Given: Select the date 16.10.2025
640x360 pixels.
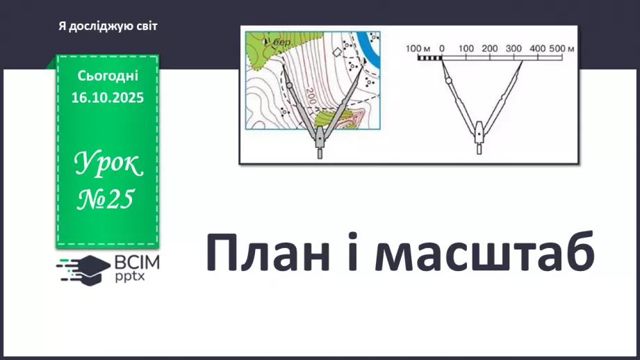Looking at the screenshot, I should coord(107,98).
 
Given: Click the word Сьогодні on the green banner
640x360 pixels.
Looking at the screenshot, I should coord(108,76).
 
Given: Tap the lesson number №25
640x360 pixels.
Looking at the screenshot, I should coord(108,199).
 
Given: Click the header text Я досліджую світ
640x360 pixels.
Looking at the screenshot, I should coord(108,26).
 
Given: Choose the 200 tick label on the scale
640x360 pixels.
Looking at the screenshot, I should coord(489,49).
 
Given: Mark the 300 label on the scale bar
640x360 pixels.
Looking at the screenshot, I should coord(514,49).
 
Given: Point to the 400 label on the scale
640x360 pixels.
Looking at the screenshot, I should coord(537,49).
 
